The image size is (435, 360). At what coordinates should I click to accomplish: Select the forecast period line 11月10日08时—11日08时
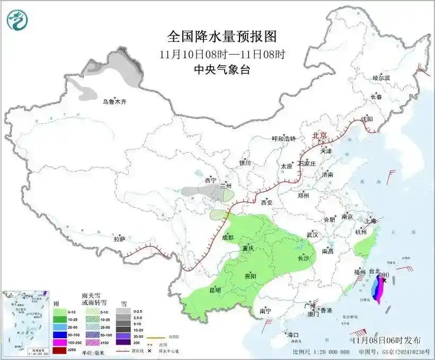click(x=222, y=54)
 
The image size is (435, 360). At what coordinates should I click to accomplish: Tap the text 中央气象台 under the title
click(x=222, y=69)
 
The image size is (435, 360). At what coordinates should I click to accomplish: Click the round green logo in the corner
click(x=17, y=20)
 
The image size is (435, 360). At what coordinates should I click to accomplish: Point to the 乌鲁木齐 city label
click(x=115, y=101)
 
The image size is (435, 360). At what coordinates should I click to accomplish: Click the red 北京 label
click(x=321, y=135)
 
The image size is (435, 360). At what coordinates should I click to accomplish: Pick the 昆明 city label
click(x=214, y=290)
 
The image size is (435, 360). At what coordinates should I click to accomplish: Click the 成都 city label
click(x=227, y=237)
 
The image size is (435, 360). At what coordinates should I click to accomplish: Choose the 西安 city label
click(x=267, y=203)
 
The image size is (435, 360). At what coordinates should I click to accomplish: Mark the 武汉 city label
click(x=312, y=234)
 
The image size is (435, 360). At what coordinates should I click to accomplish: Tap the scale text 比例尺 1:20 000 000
click(x=321, y=352)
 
